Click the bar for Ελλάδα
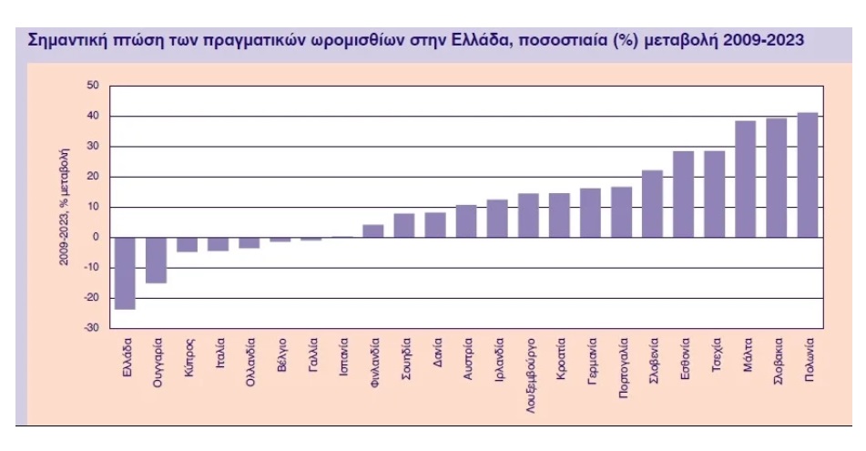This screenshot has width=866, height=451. (x=126, y=273)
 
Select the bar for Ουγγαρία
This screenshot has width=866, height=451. (x=157, y=260)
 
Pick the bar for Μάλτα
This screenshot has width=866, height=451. (x=745, y=179)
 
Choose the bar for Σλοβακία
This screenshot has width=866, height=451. (x=776, y=178)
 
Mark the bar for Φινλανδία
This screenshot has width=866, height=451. (x=373, y=231)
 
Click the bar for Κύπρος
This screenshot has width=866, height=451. (x=188, y=244)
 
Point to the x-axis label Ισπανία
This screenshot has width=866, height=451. (x=343, y=358)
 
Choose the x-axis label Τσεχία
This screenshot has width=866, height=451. (x=717, y=355)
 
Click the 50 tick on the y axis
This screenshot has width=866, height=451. (x=93, y=86)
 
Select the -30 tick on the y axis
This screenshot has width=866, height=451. (x=91, y=328)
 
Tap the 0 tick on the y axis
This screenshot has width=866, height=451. (x=96, y=238)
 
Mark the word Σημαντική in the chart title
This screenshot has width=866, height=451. (x=66, y=40)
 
